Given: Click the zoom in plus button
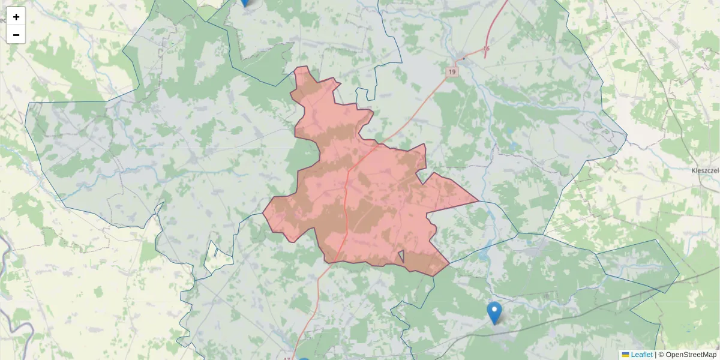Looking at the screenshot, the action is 16,17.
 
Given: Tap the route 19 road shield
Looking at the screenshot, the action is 452,71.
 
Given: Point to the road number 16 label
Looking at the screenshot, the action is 486,49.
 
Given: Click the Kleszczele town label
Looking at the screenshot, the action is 705,170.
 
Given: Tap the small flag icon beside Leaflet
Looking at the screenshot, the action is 626,355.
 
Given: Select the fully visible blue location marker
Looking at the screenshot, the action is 494,313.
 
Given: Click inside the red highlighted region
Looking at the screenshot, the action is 372,198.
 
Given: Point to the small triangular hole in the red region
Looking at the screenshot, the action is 402,257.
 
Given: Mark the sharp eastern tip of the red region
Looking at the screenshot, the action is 477,202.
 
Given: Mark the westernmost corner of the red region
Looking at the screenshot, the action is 263,212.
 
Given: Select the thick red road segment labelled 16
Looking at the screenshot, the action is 495,24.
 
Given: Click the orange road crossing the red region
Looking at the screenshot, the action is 347,198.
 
